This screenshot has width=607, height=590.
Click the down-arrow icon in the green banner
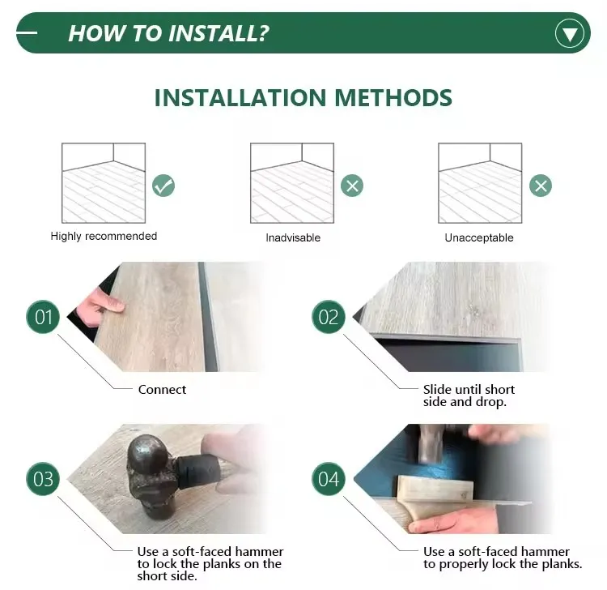(x=570, y=33)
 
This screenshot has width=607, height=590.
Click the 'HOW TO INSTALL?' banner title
(x=168, y=33)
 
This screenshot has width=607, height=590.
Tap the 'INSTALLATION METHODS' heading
(x=303, y=98)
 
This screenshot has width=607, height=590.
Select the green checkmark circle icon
(x=163, y=186)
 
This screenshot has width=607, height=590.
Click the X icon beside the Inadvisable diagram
(x=351, y=186)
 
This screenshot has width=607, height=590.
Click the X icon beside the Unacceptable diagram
(x=541, y=186)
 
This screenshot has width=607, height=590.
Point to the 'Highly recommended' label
(x=104, y=237)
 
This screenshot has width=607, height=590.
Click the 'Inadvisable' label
(x=293, y=238)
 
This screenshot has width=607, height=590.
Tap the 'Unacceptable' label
(x=479, y=238)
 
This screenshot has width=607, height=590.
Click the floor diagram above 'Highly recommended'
(x=104, y=183)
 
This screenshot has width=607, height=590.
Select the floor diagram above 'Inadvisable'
(x=291, y=183)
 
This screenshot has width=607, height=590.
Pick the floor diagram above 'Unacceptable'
(x=480, y=183)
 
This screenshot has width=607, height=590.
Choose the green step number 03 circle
(x=44, y=478)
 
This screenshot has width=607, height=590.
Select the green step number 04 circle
(x=329, y=478)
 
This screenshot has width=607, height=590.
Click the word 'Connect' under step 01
(x=162, y=390)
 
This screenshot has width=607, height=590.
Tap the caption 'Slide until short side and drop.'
(x=469, y=395)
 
